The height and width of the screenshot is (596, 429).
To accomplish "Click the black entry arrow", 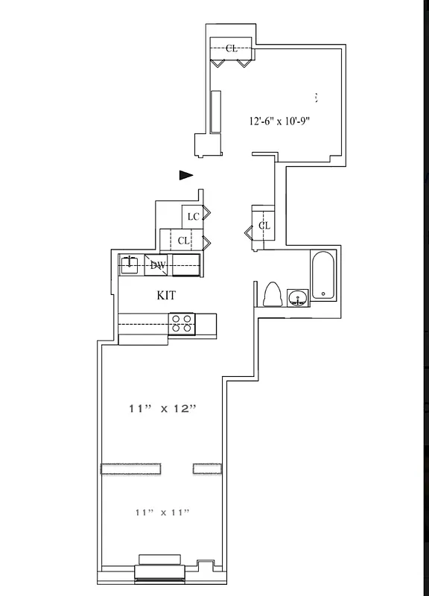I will click(x=186, y=175).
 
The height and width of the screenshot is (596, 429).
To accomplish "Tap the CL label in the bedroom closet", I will click(x=232, y=48).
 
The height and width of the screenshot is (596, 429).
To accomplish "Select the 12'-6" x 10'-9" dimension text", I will click(x=279, y=120).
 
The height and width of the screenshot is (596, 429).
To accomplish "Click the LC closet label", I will click(x=193, y=217).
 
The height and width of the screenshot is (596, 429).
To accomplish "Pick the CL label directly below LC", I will click(x=183, y=240).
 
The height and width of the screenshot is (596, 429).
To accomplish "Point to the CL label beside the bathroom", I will click(x=264, y=225).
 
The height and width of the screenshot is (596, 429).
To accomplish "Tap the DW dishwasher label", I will click(x=157, y=264).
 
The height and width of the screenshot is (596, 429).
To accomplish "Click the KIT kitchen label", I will click(x=166, y=296).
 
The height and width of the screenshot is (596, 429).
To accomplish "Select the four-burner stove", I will click(x=182, y=323).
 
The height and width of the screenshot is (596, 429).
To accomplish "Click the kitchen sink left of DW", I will click(x=130, y=264).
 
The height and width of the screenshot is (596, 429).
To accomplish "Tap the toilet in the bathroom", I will click(x=271, y=294).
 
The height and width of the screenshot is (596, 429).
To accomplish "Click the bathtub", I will click(x=323, y=275).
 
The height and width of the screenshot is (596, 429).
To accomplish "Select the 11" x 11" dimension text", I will click(x=162, y=512).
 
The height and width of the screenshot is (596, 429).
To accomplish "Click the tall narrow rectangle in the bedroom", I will click(x=215, y=112).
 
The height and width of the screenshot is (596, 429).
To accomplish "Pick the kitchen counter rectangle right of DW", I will click(x=185, y=264).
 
